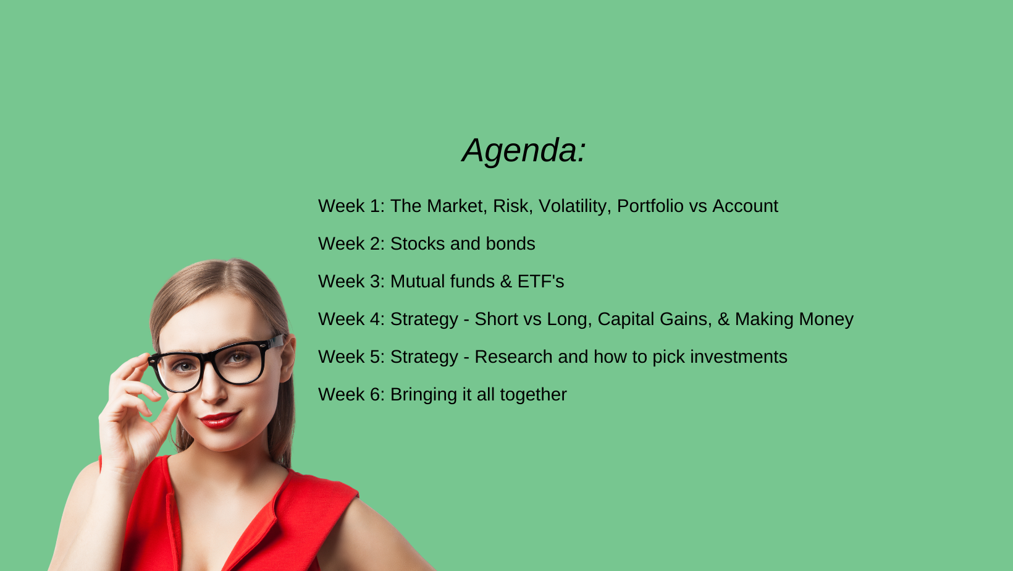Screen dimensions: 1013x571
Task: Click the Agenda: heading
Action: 524,151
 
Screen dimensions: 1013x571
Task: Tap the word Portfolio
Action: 650,206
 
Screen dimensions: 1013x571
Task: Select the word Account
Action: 745,206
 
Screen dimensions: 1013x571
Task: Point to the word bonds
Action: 510,243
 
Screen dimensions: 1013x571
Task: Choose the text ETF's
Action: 540,281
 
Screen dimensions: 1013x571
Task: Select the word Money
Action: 826,319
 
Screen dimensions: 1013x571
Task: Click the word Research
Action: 513,357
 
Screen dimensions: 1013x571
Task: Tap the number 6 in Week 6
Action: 374,394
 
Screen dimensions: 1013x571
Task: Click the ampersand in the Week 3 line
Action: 506,281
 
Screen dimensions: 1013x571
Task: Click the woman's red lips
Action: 219,420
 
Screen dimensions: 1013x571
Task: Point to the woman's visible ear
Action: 288,360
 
